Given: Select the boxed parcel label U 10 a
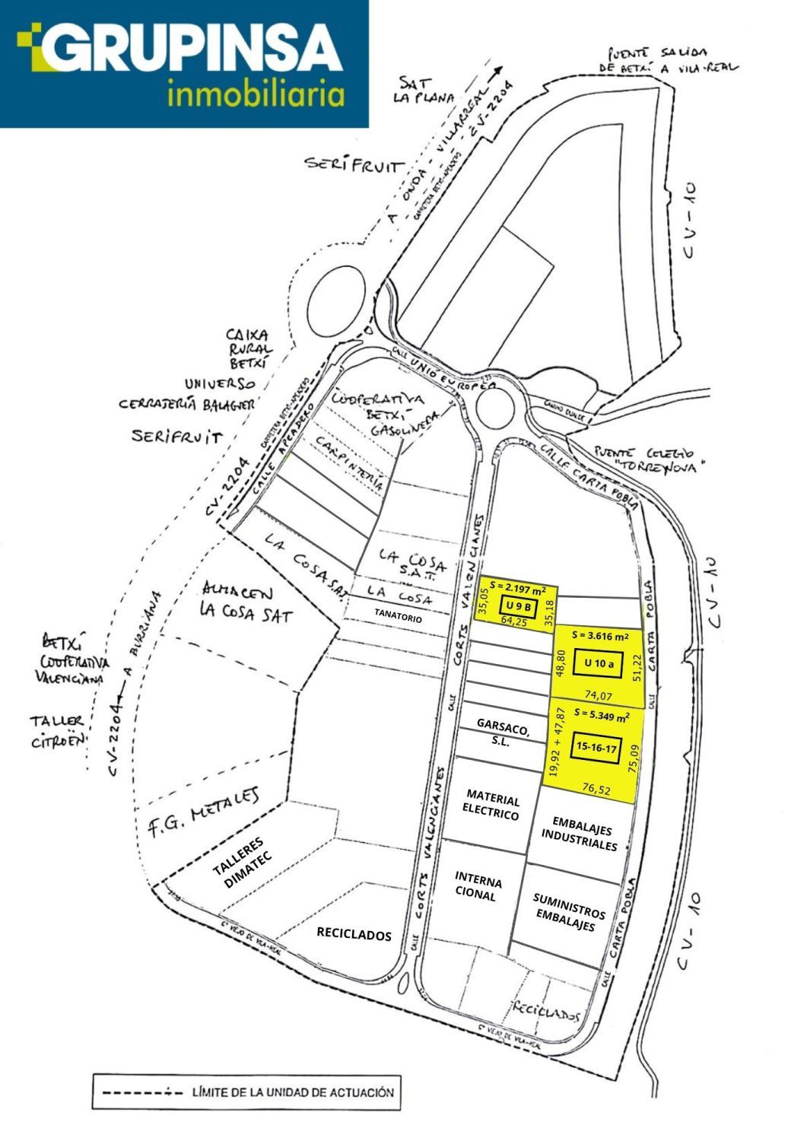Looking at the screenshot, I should [x=599, y=663].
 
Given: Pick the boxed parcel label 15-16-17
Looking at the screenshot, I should [x=597, y=748].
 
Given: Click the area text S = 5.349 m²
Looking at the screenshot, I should [x=602, y=716].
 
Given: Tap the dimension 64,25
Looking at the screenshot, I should [x=514, y=621].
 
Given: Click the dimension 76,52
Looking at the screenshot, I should [x=596, y=790].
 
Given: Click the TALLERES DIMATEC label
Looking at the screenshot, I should [x=241, y=863].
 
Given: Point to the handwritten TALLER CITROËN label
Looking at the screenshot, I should [x=58, y=732].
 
